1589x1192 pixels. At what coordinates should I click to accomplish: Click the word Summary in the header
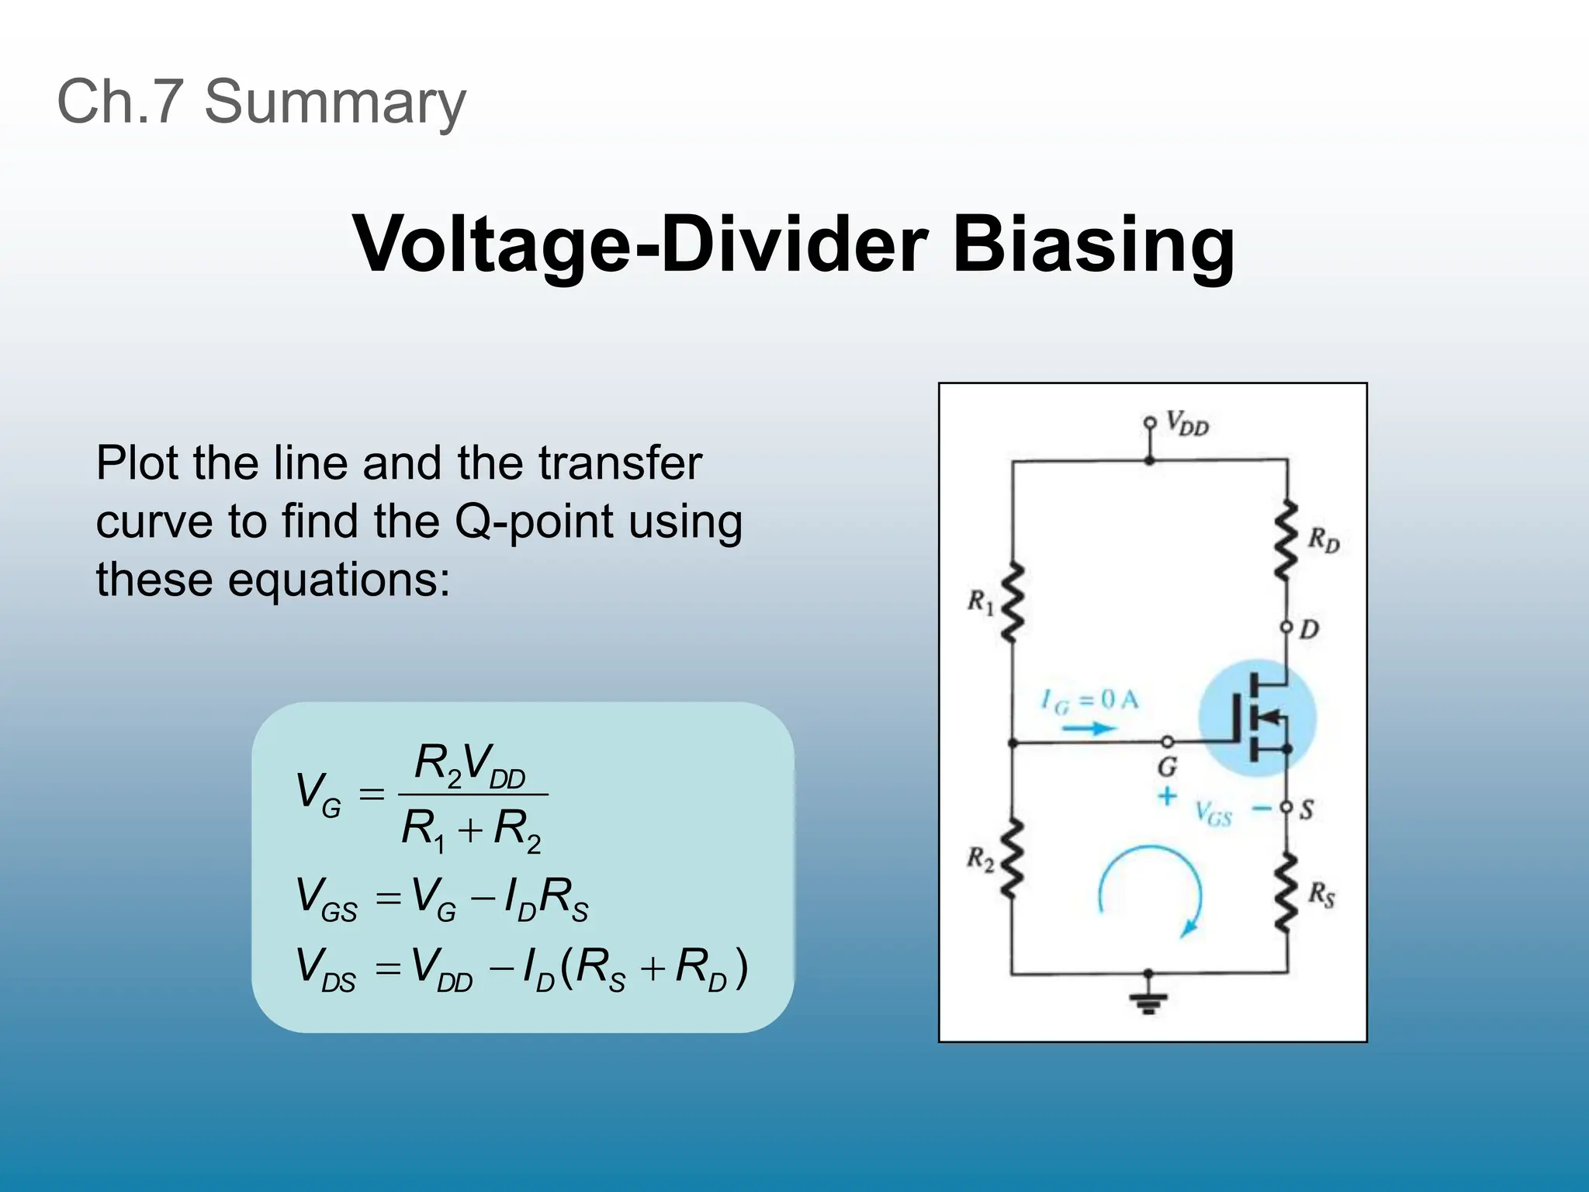pyautogui.click(x=334, y=102)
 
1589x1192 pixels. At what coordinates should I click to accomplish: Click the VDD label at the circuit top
pyautogui.click(x=1187, y=424)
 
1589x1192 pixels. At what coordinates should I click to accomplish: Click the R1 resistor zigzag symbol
pyautogui.click(x=1012, y=603)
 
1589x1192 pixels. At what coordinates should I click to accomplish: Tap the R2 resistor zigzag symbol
pyautogui.click(x=1012, y=859)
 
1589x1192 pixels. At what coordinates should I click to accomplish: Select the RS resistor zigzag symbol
pyautogui.click(x=1286, y=892)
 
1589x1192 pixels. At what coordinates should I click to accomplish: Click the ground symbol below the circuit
pyautogui.click(x=1148, y=1003)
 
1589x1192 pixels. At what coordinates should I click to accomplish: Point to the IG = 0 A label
pyautogui.click(x=1089, y=701)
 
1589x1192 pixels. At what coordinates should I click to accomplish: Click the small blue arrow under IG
pyautogui.click(x=1089, y=728)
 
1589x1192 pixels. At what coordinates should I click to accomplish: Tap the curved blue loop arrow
pyautogui.click(x=1151, y=889)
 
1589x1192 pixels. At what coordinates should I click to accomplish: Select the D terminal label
pyautogui.click(x=1309, y=629)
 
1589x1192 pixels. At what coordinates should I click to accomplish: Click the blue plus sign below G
pyautogui.click(x=1166, y=796)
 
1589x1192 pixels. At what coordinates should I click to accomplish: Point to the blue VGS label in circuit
pyautogui.click(x=1213, y=814)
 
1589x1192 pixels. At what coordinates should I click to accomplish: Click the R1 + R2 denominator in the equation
pyautogui.click(x=471, y=830)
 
